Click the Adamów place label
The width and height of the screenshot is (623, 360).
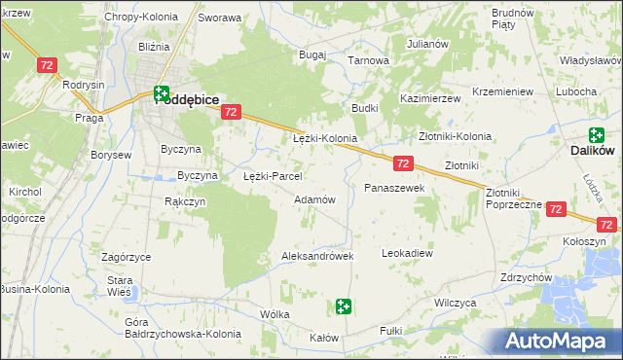pyautogui.click(x=314, y=199)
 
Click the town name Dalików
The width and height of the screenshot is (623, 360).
pyautogui.click(x=595, y=152)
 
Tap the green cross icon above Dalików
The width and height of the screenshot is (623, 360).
pyautogui.click(x=596, y=135)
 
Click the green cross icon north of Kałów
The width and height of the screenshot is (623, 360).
pyautogui.click(x=343, y=307)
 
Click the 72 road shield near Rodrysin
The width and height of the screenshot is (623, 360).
pyautogui.click(x=47, y=65)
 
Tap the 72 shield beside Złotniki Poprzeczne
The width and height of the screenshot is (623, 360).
pyautogui.click(x=556, y=209)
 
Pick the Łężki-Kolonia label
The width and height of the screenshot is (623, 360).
pyautogui.click(x=325, y=139)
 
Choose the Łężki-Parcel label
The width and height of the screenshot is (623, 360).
pyautogui.click(x=272, y=177)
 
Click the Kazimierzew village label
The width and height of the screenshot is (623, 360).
pyautogui.click(x=429, y=100)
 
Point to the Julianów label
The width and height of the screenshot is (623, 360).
pyautogui.click(x=427, y=45)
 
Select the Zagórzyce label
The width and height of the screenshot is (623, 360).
pyautogui.click(x=126, y=257)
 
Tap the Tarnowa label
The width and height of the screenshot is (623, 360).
pyautogui.click(x=369, y=60)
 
